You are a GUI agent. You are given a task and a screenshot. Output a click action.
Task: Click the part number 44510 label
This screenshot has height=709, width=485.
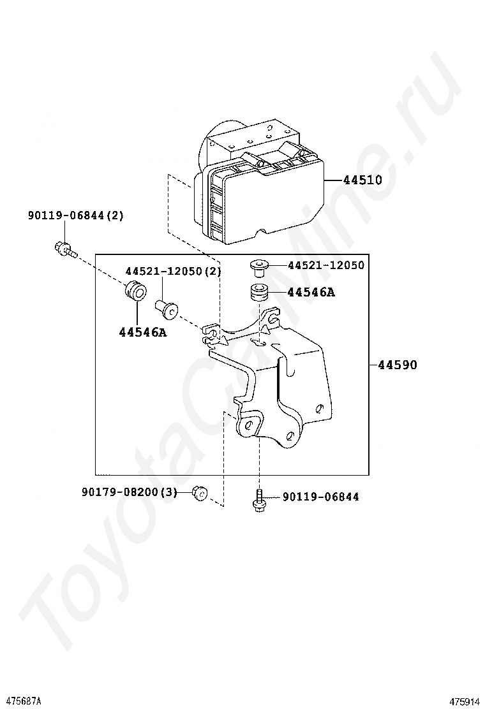pyautogui.click(x=362, y=180)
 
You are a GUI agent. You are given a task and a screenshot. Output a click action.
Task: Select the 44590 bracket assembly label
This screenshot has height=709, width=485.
pyautogui.click(x=397, y=365)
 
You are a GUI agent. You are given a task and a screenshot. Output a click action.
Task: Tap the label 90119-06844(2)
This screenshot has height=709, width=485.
pyautogui.click(x=75, y=216)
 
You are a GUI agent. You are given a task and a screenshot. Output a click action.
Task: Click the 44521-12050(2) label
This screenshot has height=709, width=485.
pyautogui.click(x=172, y=272)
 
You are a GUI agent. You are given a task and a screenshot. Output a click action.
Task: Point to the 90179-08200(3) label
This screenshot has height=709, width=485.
pyautogui.click(x=129, y=492)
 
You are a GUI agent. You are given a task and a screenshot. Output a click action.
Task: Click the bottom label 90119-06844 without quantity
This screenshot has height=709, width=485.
pyautogui.click(x=320, y=497)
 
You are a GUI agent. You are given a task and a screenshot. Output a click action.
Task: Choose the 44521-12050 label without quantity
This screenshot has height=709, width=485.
pyautogui.click(x=325, y=265)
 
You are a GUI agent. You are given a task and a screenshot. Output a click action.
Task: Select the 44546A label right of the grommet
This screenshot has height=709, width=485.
pyautogui.click(x=311, y=293)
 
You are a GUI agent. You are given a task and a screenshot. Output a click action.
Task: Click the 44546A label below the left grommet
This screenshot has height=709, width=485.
pyautogui.click(x=142, y=332)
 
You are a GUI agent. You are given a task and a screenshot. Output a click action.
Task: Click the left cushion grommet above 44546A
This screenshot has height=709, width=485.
pyautogui.click(x=135, y=291)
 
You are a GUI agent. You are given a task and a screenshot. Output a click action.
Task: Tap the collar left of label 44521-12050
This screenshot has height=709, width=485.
pyautogui.click(x=258, y=265)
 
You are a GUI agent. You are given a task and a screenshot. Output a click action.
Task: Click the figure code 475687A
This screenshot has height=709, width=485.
pyautogui.click(x=22, y=701)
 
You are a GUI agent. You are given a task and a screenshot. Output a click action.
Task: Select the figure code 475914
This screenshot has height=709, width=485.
pyautogui.click(x=464, y=701)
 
